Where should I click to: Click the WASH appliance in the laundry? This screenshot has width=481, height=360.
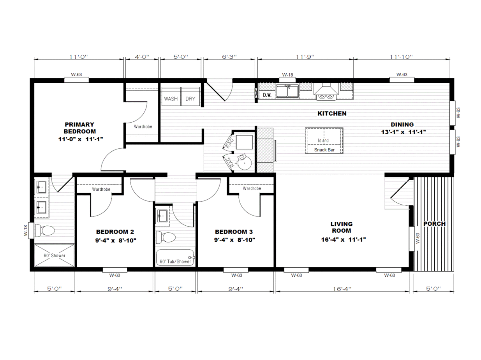tap(171, 97)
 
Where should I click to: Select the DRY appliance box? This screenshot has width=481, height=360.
tap(190, 97)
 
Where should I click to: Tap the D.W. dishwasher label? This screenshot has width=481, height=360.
tap(267, 95)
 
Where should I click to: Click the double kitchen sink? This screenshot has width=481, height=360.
tap(287, 91)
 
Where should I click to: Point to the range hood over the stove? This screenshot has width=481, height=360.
tap(326, 89)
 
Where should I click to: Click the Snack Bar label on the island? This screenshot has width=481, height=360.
tap(324, 150)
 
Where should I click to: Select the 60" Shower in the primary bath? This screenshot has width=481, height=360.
tap(55, 255)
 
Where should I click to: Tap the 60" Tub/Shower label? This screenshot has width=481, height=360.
tap(175, 261)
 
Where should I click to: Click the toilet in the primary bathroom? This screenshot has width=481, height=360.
tap(45, 230)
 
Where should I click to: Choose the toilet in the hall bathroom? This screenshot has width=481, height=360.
tap(166, 237)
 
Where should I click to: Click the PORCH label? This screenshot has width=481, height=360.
tap(434, 223)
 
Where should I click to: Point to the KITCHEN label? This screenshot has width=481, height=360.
tap(332, 113)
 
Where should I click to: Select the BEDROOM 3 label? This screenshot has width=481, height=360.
tap(234, 232)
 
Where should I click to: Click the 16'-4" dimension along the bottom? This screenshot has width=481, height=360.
tap(342, 289)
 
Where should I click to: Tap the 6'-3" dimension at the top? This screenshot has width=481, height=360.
tap(229, 57)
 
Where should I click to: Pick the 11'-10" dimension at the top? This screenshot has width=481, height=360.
tap(401, 57)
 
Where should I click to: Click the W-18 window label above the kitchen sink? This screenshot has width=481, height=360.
tap(287, 75)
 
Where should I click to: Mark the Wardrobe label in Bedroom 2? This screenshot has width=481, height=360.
tap(101, 189)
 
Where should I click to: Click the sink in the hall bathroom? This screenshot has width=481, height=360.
tap(162, 216)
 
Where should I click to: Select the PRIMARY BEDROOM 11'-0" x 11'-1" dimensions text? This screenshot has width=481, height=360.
tap(81, 139)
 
